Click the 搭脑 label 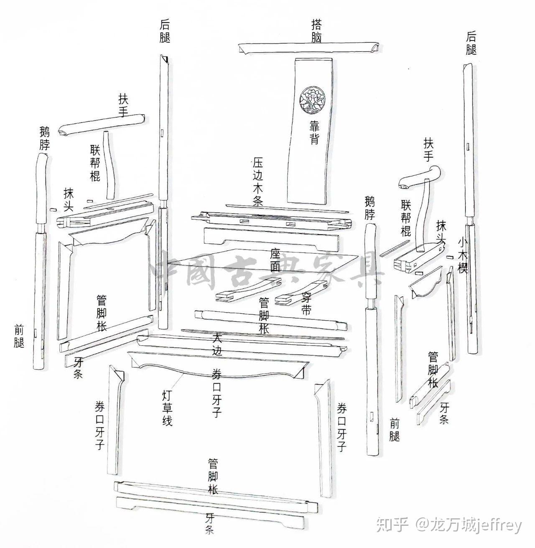point(317,31)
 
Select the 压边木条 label point(258,182)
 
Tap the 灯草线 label point(167,408)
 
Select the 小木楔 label point(462,255)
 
